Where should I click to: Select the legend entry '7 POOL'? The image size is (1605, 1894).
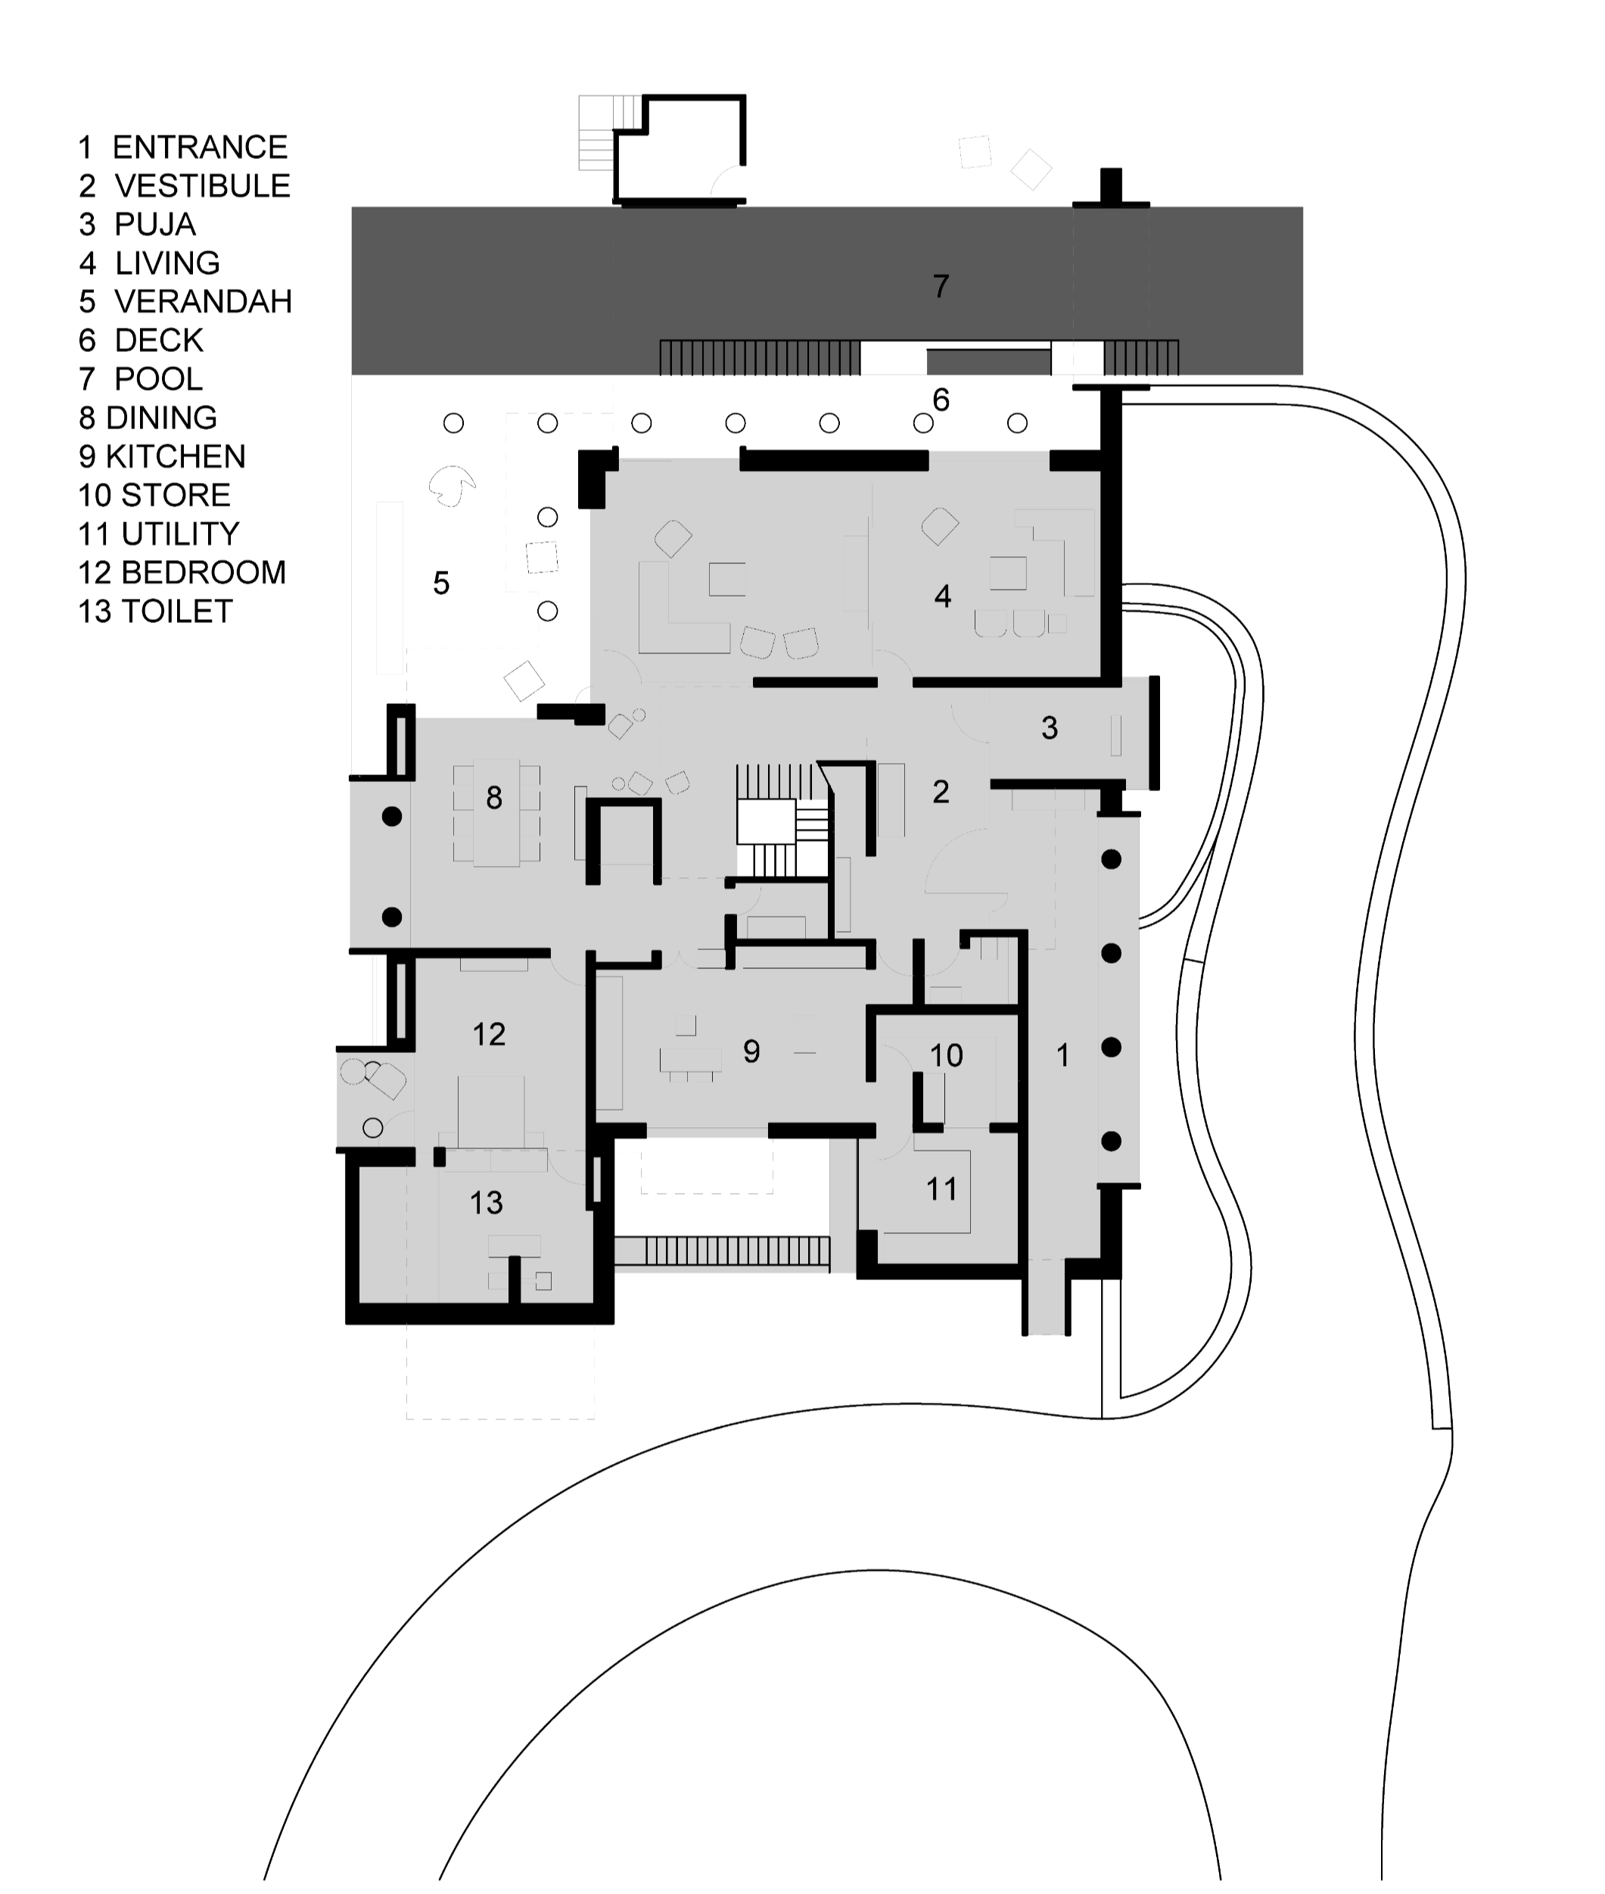[x=141, y=378]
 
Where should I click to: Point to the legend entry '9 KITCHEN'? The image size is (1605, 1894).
[x=162, y=456]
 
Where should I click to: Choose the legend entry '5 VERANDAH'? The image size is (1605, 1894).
[x=185, y=301]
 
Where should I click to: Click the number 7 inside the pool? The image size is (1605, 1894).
[x=941, y=287]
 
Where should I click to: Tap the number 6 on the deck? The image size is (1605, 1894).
[x=941, y=400]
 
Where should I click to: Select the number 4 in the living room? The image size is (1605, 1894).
[x=944, y=597]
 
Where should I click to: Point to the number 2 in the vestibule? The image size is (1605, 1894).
[x=941, y=792]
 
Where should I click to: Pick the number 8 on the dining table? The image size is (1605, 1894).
[x=494, y=798]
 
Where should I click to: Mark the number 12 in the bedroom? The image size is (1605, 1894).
[x=490, y=1035]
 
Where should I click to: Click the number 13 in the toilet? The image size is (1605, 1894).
[x=487, y=1203]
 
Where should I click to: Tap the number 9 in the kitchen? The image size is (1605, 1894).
[x=751, y=1052]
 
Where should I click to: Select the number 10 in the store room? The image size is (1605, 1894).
[x=946, y=1056]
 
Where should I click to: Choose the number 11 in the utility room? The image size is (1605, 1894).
[x=941, y=1189]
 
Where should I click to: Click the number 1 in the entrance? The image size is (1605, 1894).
[x=1062, y=1056]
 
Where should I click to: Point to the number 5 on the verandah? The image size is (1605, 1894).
[x=441, y=584]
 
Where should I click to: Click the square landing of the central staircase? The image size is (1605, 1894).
[x=766, y=822]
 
